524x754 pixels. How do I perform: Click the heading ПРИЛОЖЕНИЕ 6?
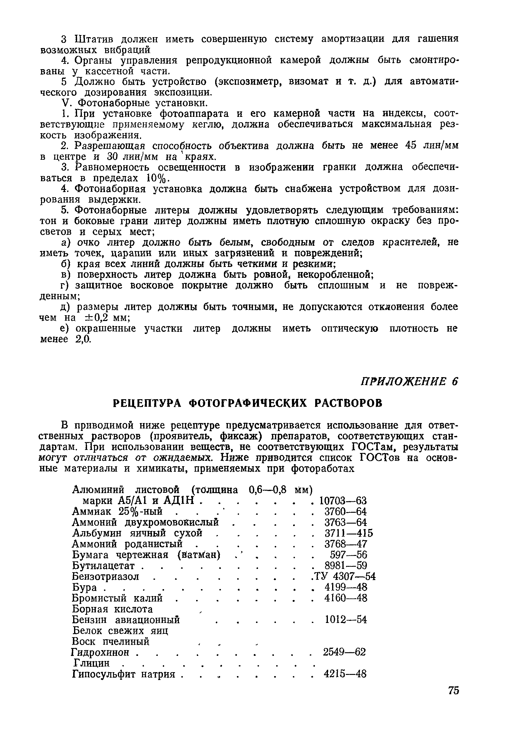(409, 382)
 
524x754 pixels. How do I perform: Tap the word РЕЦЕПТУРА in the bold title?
(147, 403)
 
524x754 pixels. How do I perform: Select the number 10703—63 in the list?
(343, 501)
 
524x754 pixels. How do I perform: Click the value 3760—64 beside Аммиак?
(345, 512)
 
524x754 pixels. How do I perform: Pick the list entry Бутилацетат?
(103, 566)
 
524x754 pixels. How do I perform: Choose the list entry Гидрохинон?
(100, 652)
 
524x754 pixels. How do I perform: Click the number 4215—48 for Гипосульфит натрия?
(345, 674)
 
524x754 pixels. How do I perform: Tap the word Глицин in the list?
(91, 663)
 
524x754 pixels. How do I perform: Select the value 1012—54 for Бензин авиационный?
(345, 620)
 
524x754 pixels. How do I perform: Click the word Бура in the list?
(84, 588)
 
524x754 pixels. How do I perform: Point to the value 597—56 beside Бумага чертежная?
(348, 555)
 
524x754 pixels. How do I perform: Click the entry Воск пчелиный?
(110, 641)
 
